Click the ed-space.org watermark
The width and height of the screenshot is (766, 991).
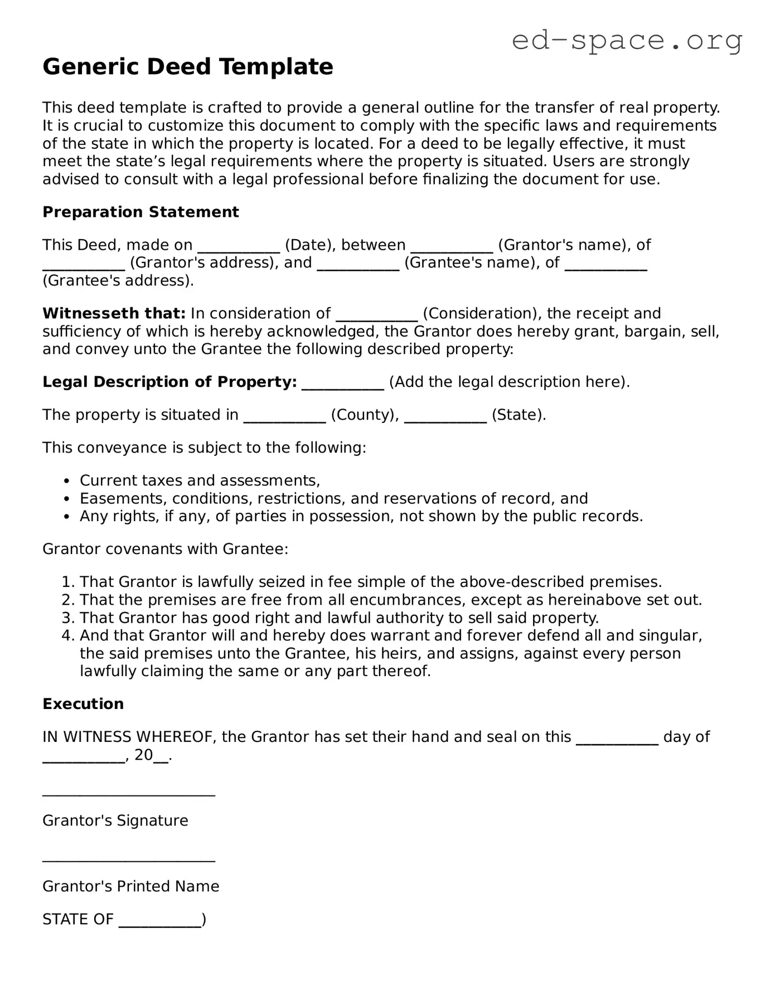pos(627,40)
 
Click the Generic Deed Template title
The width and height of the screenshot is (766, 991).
pos(188,67)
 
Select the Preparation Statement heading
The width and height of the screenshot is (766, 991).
pos(140,212)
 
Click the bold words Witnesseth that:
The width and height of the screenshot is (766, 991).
pos(114,313)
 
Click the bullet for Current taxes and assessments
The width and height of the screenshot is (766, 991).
pos(67,481)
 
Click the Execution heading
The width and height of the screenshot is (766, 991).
pos(83,704)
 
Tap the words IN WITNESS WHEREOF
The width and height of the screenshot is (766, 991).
pos(128,737)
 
